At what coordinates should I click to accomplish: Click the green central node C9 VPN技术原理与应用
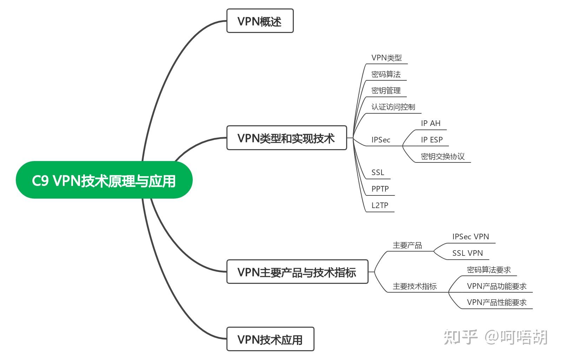[x=104, y=180]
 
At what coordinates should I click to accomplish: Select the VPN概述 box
[x=260, y=21]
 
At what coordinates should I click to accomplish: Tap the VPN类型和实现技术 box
[x=286, y=138]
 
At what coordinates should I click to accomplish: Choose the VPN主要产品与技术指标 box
[x=297, y=272]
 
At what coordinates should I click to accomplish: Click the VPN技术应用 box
[x=270, y=339]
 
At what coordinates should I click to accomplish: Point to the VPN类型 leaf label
[x=386, y=58]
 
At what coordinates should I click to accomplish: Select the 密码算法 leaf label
[x=386, y=74]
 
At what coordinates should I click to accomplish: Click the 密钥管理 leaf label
[x=386, y=91]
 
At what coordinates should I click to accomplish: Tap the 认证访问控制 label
[x=393, y=107]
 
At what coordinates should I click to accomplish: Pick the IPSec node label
[x=381, y=140]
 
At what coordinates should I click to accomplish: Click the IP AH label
[x=430, y=123]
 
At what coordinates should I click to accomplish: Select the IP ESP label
[x=432, y=140]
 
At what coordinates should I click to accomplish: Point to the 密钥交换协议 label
[x=443, y=156]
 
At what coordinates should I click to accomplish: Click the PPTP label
[x=380, y=189]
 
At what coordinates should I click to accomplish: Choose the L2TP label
[x=380, y=205]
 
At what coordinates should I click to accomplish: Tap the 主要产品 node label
[x=407, y=245]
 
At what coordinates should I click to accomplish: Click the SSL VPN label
[x=467, y=253]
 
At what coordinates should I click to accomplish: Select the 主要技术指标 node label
[x=415, y=286]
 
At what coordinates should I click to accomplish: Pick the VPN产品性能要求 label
[x=497, y=302]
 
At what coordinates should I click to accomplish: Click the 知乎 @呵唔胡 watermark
[x=495, y=337]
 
